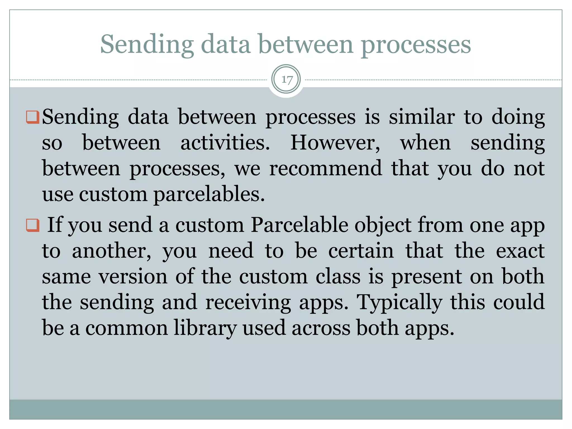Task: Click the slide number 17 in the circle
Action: point(287,80)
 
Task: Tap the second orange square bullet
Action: point(32,225)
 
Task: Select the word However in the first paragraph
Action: point(335,143)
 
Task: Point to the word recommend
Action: point(325,169)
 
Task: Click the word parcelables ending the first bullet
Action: point(209,194)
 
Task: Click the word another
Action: point(111,251)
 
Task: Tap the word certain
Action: point(361,251)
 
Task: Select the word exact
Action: point(520,251)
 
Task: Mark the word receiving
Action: point(248,302)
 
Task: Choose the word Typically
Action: point(399,302)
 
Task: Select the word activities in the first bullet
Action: point(225,143)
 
